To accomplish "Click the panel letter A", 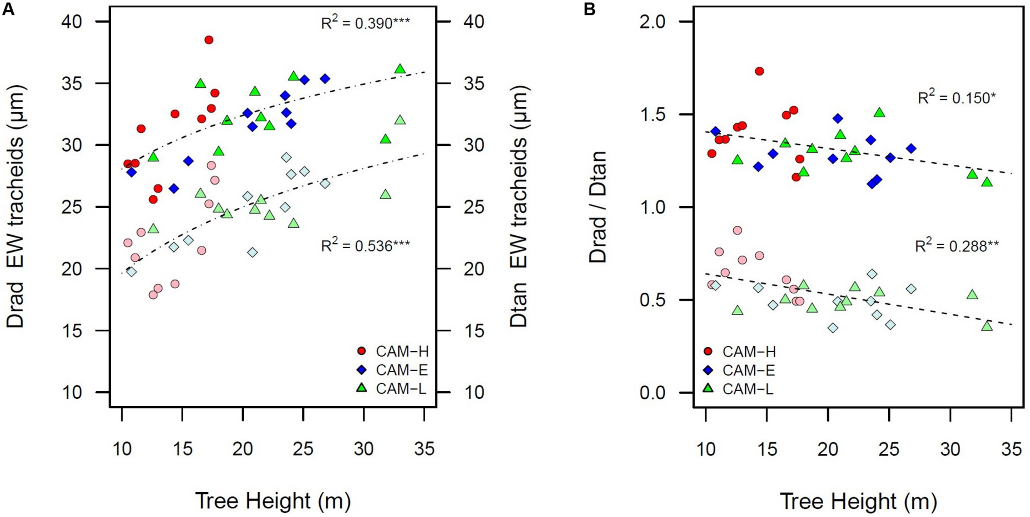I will click(x=8, y=9).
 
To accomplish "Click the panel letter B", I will click(x=590, y=9).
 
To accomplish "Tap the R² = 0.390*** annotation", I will click(x=365, y=23).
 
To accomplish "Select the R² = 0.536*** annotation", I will click(x=365, y=246).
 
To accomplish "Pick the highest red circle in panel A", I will click(x=209, y=40).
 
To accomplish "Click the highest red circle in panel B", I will click(x=759, y=71).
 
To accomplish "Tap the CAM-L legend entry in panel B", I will click(x=740, y=388).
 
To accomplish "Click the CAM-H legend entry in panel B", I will click(x=741, y=351).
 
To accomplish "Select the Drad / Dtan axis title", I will click(x=598, y=207).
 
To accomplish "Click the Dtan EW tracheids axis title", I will click(x=519, y=207).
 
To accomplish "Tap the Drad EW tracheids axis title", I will click(x=15, y=207).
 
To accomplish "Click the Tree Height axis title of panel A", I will click(x=273, y=501).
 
